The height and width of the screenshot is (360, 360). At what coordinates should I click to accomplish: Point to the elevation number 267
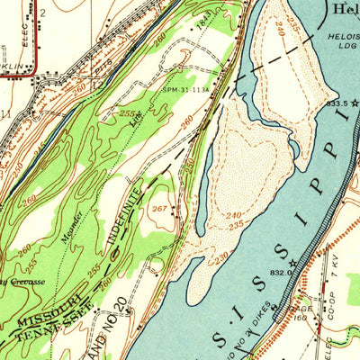[x=159, y=210]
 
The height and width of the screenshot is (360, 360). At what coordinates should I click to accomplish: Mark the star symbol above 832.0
[x=292, y=262]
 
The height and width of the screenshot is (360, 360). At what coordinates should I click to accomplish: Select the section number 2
[x=42, y=13]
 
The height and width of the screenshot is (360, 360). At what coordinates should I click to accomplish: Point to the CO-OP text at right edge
[x=337, y=310]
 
